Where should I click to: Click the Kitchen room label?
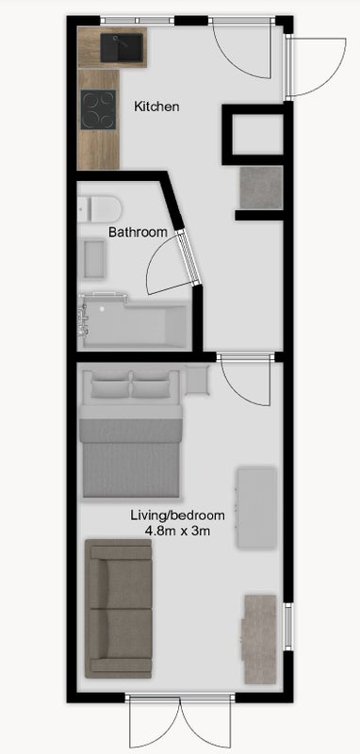tap(156, 107)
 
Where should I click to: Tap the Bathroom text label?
tap(138, 232)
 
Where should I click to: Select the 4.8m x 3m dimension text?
tap(178, 532)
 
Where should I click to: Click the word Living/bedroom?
tap(178, 516)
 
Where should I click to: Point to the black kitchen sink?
tap(122, 47)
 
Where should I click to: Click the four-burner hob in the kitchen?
tap(98, 109)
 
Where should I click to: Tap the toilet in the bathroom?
tap(99, 209)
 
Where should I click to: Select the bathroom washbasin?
tap(93, 258)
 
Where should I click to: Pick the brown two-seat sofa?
tap(119, 608)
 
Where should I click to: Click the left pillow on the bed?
tap(110, 388)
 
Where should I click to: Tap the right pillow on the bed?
tap(151, 388)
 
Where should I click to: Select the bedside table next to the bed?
tap(197, 380)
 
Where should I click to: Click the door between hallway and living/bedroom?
tap(245, 381)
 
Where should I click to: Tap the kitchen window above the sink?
tap(138, 21)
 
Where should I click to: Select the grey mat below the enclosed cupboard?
tap(261, 188)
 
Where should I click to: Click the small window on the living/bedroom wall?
tap(287, 627)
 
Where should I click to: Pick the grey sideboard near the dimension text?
tap(256, 507)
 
